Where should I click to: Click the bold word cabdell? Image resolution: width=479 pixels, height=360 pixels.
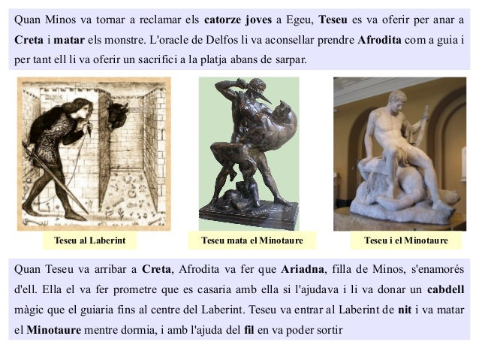coord(445,288)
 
